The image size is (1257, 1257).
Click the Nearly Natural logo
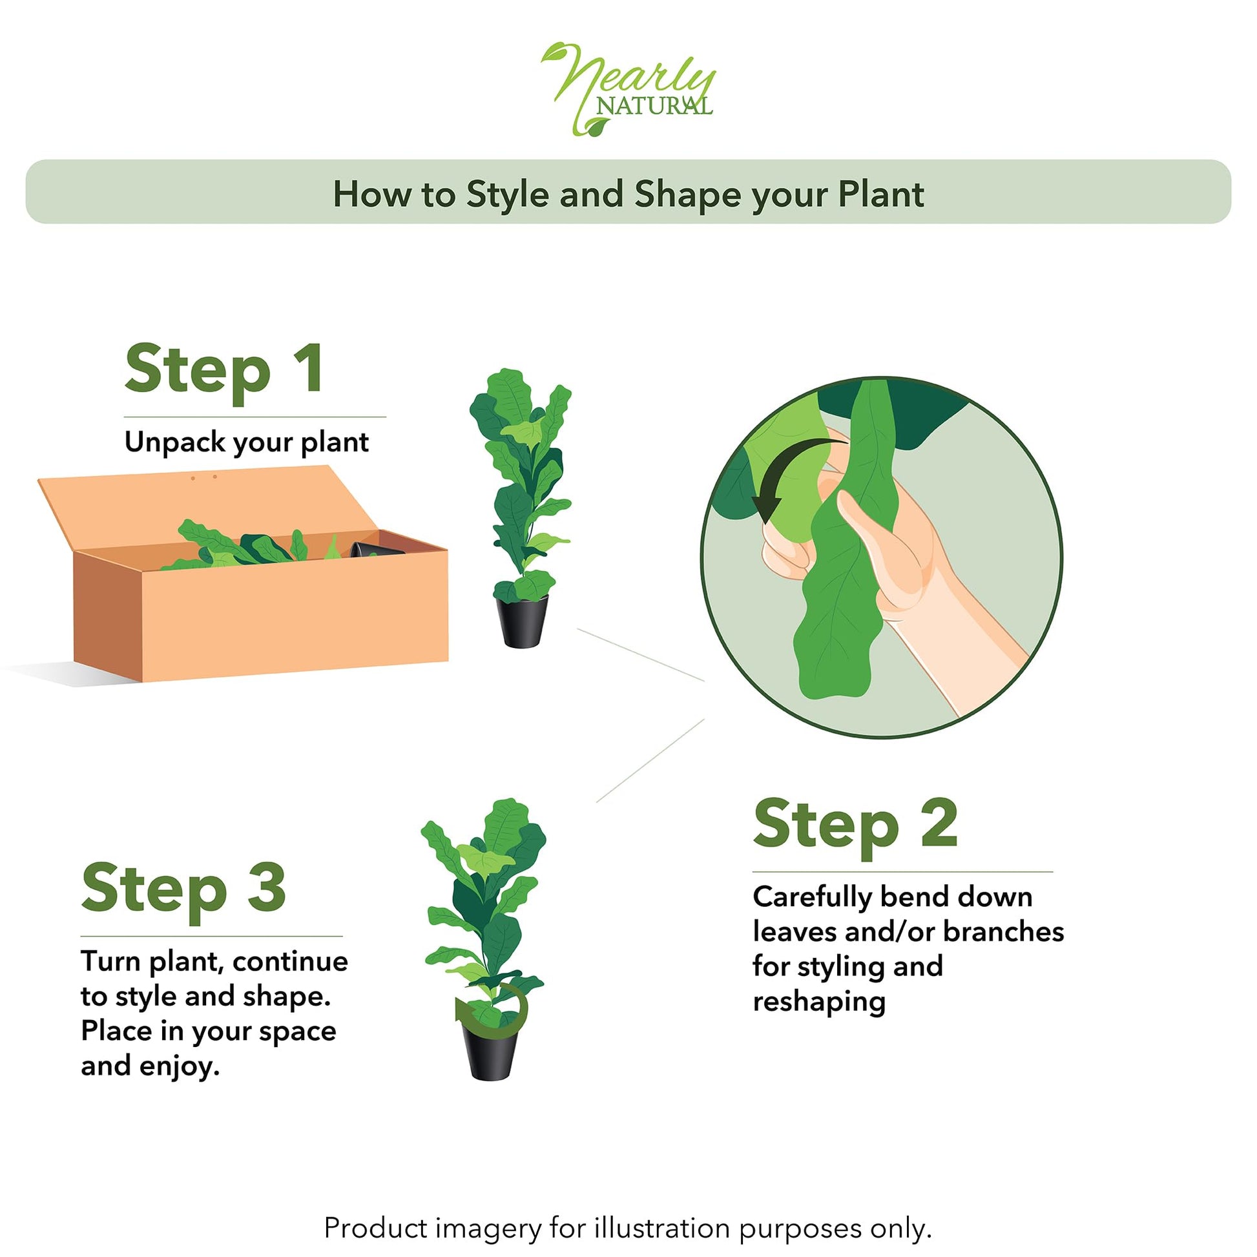[x=628, y=89]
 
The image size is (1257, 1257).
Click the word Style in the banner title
[x=507, y=194]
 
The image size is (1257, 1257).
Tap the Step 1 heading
[x=223, y=371]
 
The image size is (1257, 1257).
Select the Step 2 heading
[x=856, y=826]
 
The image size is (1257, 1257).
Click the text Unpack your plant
[x=247, y=443]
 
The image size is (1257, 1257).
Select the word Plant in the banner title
[x=881, y=194]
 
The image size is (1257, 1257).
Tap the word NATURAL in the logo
[x=654, y=105]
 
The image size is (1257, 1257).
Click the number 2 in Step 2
[x=939, y=822]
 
